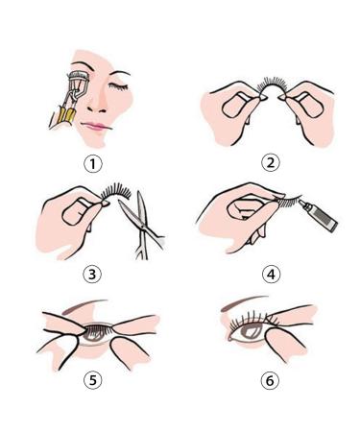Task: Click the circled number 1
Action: tap(92, 163)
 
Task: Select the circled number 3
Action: tap(92, 274)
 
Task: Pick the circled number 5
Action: tap(92, 379)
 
